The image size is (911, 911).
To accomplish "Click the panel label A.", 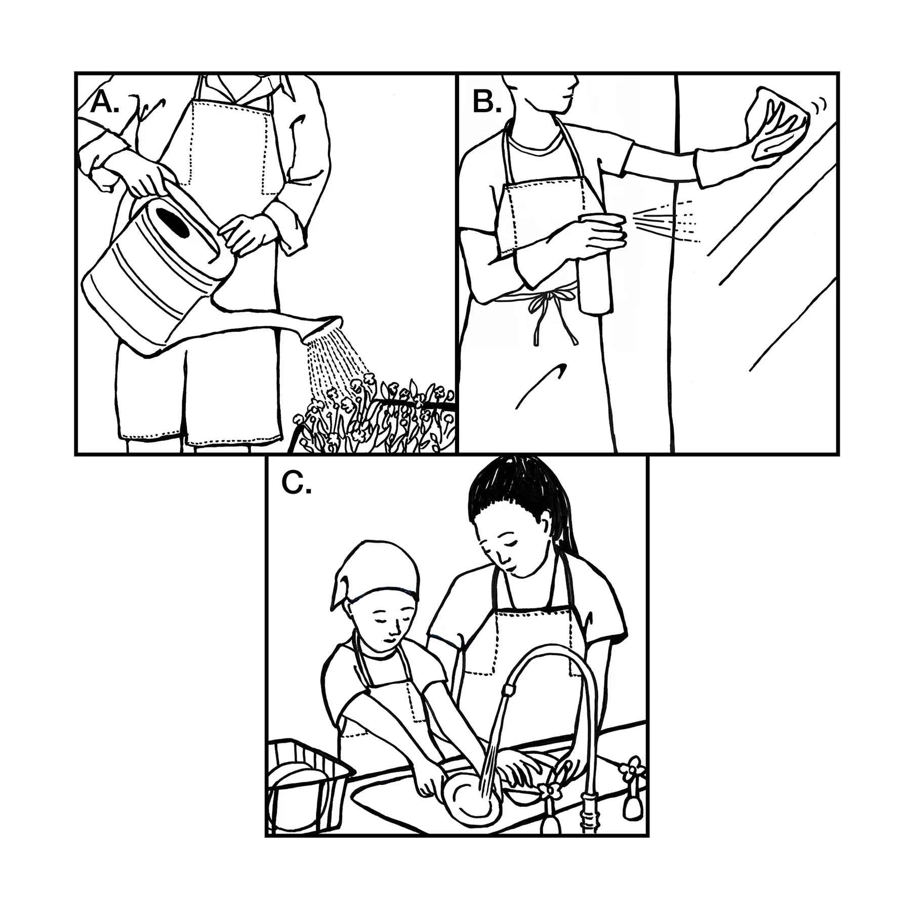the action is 105,104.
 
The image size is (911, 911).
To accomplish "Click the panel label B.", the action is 487,103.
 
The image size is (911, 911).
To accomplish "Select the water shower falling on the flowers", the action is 336,369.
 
